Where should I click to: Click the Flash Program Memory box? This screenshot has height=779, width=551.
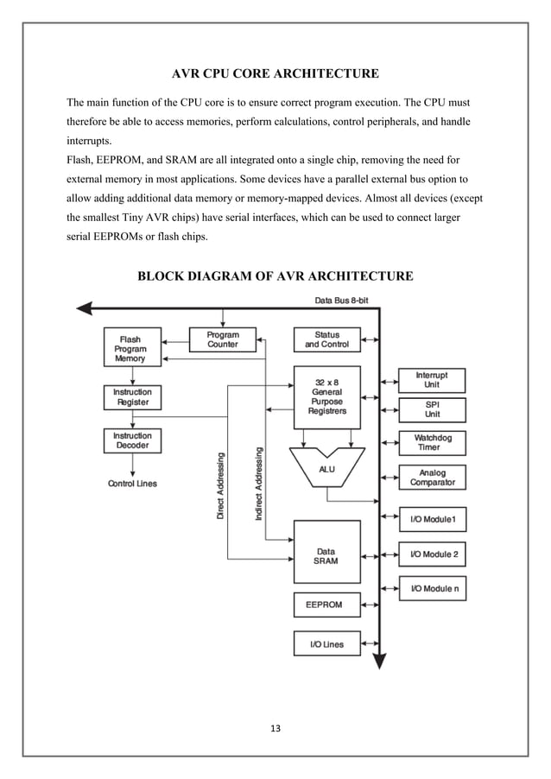click(x=131, y=348)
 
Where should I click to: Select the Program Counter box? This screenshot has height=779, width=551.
click(x=223, y=339)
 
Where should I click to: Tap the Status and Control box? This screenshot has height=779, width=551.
click(x=326, y=339)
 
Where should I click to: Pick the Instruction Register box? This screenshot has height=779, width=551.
click(x=131, y=397)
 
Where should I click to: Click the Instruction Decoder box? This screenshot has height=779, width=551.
click(x=131, y=441)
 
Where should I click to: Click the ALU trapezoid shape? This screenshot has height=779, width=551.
click(x=326, y=469)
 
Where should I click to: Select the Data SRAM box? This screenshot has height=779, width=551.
click(x=326, y=556)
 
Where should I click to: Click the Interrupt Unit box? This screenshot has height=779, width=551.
click(x=432, y=380)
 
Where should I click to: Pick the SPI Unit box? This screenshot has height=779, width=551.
click(x=432, y=409)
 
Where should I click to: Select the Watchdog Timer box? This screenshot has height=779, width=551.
click(x=432, y=443)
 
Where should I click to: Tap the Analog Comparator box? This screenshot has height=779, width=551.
click(x=432, y=478)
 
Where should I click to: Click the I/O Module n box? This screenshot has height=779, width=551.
click(x=432, y=588)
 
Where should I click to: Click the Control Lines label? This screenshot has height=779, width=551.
click(x=132, y=484)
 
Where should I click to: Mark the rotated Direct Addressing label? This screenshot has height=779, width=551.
click(x=220, y=485)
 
